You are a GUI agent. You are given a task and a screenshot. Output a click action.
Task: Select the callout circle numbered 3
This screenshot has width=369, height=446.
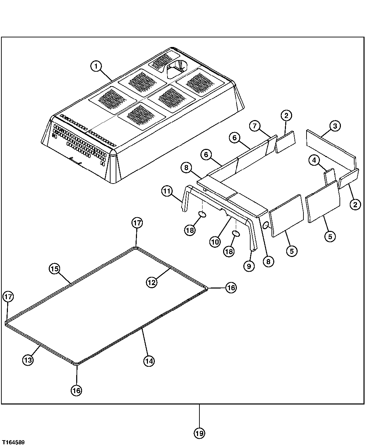[x=335, y=126]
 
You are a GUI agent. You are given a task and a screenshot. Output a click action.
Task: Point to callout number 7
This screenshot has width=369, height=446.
[x=255, y=126]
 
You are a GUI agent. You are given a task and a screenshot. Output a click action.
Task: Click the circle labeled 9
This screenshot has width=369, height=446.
[x=249, y=266]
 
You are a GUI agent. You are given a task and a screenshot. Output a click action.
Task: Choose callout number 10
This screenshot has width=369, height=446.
[x=215, y=242]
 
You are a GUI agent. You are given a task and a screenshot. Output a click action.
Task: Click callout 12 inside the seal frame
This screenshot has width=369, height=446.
[x=151, y=282]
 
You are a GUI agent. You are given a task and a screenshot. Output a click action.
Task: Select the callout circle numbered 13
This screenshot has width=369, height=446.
[x=28, y=360]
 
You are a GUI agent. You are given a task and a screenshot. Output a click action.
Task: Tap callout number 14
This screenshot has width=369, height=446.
[x=149, y=361]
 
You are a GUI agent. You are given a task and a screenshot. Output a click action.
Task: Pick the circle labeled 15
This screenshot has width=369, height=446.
[x=54, y=268]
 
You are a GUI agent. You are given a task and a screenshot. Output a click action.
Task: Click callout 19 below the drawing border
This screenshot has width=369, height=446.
[x=199, y=433]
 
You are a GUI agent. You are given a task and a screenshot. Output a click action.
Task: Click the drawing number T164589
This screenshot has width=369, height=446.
[x=13, y=443]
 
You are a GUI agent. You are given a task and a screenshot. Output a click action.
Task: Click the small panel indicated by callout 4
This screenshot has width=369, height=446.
[x=330, y=176]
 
